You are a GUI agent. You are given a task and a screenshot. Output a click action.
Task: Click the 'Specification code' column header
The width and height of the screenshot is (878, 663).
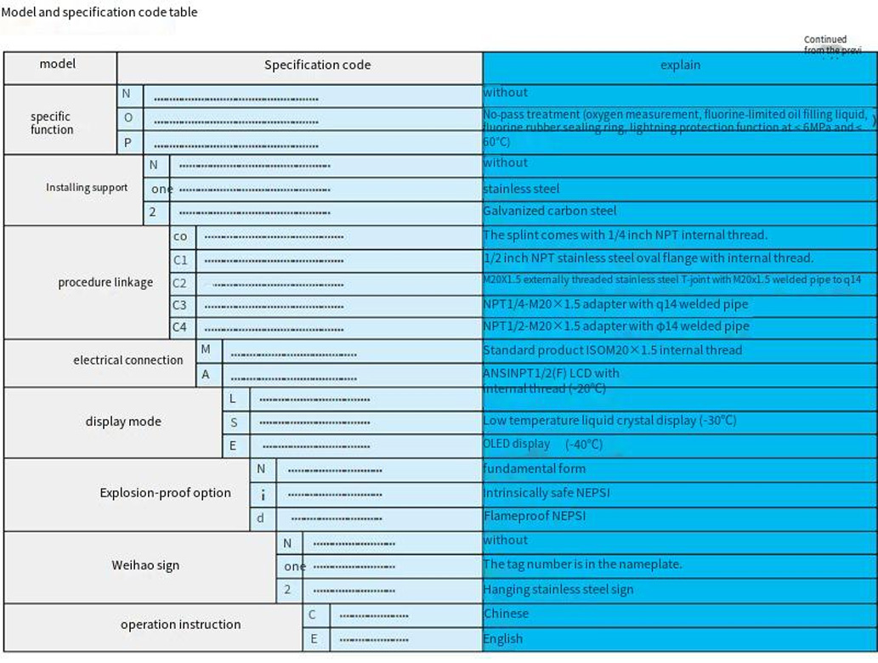coord(317,65)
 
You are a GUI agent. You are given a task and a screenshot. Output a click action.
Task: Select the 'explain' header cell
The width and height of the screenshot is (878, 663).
coord(680,65)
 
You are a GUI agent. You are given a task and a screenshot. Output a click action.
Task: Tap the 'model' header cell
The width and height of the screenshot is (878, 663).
coord(58,64)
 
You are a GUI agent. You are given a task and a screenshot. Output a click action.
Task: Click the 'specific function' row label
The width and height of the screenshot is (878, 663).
coord(52,123)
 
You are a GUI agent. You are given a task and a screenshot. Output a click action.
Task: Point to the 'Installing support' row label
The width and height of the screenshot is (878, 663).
coord(87,187)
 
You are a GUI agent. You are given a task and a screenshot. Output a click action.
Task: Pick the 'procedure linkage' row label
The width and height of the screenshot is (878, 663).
coord(105,282)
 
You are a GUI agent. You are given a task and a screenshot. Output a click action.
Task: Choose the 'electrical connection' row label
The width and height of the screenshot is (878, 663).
coord(127,360)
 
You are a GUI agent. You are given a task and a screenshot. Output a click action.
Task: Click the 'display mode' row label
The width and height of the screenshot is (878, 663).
coord(123,422)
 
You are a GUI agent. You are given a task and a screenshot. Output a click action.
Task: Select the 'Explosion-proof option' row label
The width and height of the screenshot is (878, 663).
coord(165,493)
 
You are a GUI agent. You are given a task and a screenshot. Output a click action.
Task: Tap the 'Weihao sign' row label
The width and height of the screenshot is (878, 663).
coord(145,565)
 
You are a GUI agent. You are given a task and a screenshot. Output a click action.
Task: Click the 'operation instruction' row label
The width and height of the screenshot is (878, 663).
coord(180,625)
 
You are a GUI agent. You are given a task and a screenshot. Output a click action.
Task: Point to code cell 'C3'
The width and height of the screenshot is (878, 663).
coord(179,304)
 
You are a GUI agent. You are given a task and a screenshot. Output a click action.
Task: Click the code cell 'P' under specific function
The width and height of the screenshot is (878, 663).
coord(127,143)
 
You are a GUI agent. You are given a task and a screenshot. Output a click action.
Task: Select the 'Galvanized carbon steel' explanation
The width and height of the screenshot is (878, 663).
coord(550,211)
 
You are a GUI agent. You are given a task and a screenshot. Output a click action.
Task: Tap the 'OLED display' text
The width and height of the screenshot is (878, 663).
coord(516,444)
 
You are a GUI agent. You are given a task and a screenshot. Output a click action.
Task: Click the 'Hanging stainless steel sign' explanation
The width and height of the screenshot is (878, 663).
coord(558,589)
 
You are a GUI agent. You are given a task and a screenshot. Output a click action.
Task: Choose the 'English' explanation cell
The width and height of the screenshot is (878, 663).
coord(503,638)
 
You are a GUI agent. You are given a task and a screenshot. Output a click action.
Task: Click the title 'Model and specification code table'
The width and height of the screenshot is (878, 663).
coord(99,13)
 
